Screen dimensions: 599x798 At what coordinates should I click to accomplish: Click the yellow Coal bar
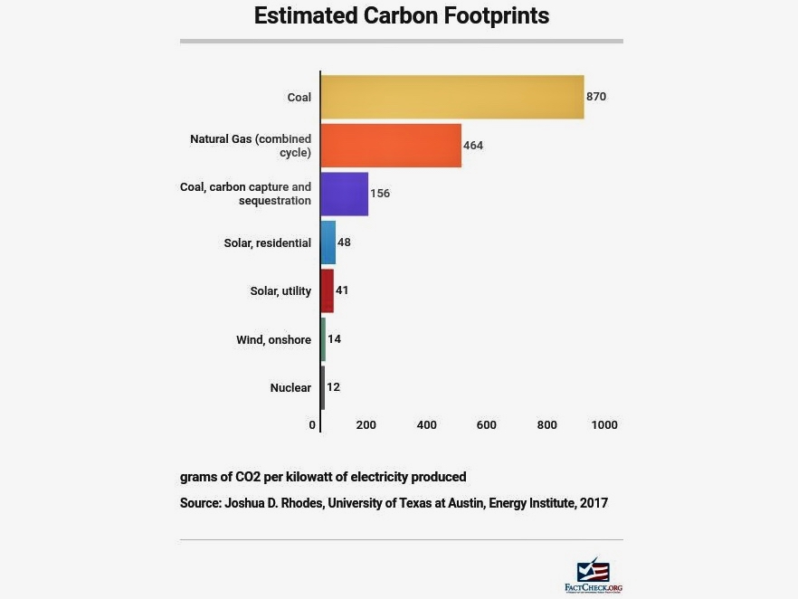coord(452,97)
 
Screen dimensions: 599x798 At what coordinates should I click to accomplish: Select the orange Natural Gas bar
coord(391,146)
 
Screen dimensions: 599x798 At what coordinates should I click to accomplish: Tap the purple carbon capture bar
coord(345,194)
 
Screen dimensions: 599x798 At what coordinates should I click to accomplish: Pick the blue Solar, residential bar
coord(328,242)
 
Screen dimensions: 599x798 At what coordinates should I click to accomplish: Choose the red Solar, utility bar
coord(328,290)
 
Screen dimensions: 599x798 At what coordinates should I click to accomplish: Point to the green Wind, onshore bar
coord(323,339)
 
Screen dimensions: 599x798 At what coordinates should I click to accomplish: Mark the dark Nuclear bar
coord(323,387)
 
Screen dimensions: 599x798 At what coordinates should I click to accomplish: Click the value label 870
coord(595,97)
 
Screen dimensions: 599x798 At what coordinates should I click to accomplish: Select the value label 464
coord(473,146)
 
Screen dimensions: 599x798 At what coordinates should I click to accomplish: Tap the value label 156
coord(380,194)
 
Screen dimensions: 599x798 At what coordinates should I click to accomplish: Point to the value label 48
coord(344,242)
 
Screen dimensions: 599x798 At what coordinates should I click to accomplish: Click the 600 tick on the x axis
coord(487,425)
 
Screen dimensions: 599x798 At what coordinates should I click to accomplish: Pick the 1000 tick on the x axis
coord(604,425)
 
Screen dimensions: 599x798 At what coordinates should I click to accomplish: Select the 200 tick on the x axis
coord(366,425)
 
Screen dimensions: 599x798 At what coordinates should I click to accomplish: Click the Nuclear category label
coord(290,388)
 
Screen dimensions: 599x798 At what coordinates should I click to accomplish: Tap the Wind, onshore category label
coord(273,340)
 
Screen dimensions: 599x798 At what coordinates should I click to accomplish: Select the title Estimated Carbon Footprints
coord(401,16)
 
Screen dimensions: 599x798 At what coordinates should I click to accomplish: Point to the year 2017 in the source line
coord(593,503)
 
